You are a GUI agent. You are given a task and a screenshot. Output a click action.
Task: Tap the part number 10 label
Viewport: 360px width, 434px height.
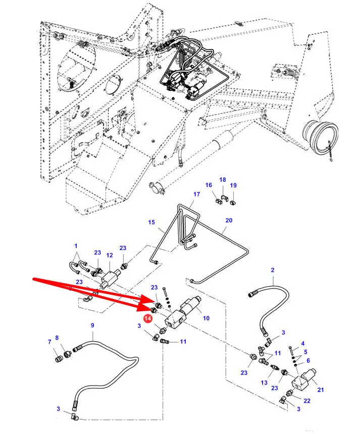click(x=206, y=319)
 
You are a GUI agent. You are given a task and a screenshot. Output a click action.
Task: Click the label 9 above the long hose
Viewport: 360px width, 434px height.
click(x=92, y=325)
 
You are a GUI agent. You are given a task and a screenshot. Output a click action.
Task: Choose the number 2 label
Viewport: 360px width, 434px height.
click(x=272, y=270)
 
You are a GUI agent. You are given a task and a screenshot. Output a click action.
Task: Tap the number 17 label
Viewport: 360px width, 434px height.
click(x=196, y=194)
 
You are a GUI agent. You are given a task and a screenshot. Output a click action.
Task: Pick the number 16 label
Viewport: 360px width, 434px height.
click(x=209, y=185)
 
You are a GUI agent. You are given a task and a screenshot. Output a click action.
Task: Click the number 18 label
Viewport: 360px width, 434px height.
click(x=223, y=180)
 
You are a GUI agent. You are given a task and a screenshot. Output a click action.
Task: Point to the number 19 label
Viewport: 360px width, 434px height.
click(x=233, y=185)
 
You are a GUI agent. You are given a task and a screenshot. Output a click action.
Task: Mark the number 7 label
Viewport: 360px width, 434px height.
click(x=49, y=342)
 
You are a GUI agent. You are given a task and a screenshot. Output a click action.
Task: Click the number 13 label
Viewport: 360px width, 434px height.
click(x=264, y=382)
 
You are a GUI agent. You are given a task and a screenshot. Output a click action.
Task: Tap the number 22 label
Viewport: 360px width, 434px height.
click(x=306, y=400)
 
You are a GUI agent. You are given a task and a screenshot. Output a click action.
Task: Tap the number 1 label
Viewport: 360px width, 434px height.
click(x=76, y=246)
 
